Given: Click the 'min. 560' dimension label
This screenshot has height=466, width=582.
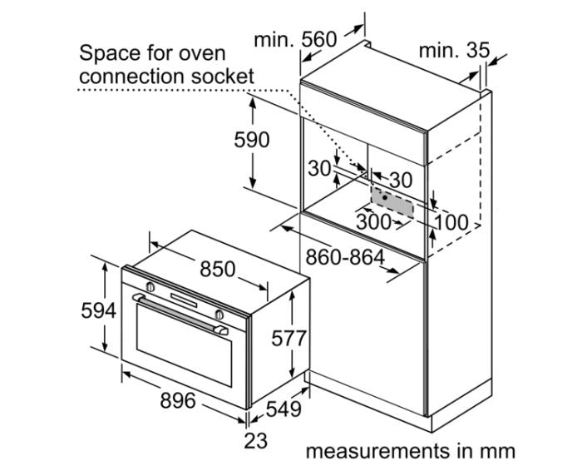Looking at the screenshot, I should [x=295, y=39].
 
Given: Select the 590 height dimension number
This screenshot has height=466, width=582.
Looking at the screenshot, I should [x=251, y=140].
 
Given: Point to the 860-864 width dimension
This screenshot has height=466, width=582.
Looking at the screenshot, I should [x=344, y=257].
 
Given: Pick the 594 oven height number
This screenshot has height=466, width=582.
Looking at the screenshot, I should [x=98, y=311].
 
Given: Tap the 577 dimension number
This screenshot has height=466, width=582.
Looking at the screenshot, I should [x=289, y=338].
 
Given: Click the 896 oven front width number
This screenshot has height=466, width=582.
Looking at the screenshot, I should [x=177, y=401].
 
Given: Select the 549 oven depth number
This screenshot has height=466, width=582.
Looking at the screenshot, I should [x=284, y=409].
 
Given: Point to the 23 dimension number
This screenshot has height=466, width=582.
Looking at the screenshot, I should [x=256, y=439].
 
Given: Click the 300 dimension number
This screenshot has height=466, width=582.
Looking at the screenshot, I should [x=374, y=222].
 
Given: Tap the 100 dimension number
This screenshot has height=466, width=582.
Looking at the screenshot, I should [x=451, y=222].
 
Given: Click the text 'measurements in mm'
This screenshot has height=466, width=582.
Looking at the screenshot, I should [x=410, y=451].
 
